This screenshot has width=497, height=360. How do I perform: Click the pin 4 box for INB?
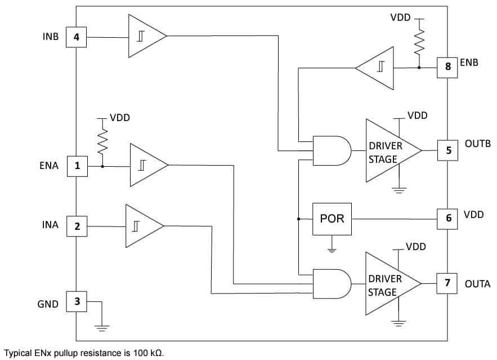pos(77,38)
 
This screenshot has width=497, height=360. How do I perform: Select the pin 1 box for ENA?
pos(77,166)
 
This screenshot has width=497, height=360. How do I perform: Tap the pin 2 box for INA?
pos(77,226)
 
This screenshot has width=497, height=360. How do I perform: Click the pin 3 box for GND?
pos(77,301)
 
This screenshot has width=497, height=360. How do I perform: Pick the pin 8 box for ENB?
pos(448,66)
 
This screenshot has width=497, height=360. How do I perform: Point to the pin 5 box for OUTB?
pos(448,150)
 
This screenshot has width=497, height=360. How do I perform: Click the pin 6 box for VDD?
pos(448,217)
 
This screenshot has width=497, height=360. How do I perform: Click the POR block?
pos(332,219)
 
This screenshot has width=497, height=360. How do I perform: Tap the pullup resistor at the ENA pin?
pos(102,143)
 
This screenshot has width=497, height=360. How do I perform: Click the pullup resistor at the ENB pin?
pos(418,43)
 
